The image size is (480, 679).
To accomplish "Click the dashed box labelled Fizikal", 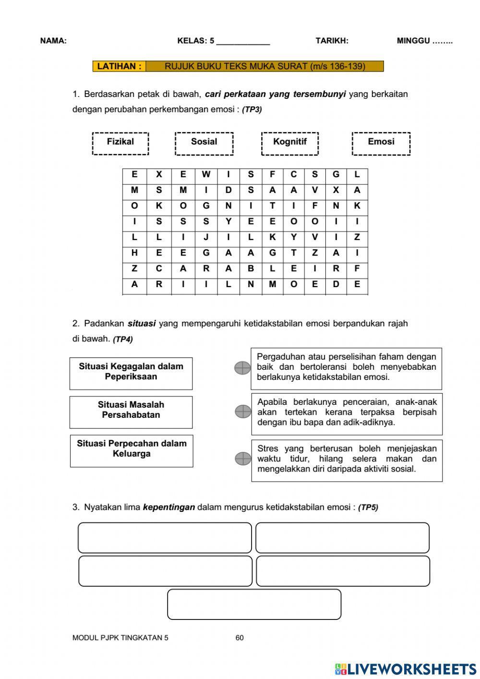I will tap(120, 143).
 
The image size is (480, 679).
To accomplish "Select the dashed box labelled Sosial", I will tap(204, 143).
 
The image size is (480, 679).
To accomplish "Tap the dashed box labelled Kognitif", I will tap(289, 143).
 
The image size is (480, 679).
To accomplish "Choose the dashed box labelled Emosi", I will tap(381, 143).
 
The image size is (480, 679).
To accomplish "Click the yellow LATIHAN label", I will tap(119, 66).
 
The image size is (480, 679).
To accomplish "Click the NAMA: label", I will tap(53, 41).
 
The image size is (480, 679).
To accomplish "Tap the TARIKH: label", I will tap(332, 41).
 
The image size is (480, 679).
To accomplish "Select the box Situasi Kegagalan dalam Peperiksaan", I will tap(131, 373).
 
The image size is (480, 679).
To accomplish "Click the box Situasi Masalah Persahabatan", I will tap(131, 412).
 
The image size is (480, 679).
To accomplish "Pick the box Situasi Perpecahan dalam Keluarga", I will tap(132, 450).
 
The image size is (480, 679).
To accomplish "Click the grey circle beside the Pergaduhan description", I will tap(243, 368).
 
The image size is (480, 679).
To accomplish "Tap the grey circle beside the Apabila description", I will tap(243, 412).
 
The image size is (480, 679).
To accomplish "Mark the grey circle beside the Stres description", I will tap(243, 459).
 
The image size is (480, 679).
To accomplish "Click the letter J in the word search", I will tap(206, 237).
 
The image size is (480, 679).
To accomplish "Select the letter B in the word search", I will tap(251, 268).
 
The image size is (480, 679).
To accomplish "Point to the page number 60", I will tap(240, 638).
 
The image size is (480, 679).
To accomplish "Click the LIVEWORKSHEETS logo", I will tap(406, 669).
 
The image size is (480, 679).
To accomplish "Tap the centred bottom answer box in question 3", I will tap(254, 604).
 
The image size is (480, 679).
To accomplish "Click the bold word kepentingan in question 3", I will tap(169, 507).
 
